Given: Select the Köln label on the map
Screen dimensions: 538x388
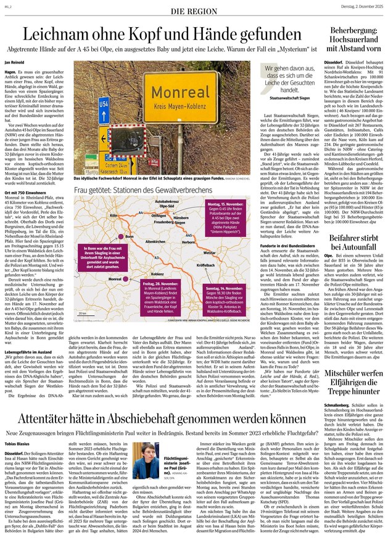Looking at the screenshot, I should click(x=114, y=215).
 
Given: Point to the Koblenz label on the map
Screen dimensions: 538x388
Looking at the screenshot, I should click(x=157, y=273).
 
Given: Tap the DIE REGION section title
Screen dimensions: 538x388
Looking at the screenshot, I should click(x=194, y=12).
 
